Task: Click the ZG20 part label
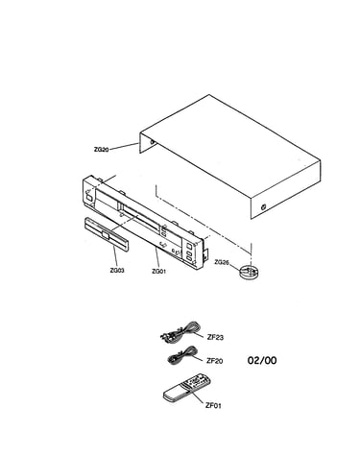(x=101, y=149)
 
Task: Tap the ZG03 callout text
(x=117, y=271)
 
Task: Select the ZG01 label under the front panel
(x=158, y=272)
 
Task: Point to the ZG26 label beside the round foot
(x=222, y=262)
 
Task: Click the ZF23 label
(x=215, y=337)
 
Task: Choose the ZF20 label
(x=214, y=361)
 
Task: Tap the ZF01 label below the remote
(x=213, y=406)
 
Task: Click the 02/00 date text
(x=262, y=361)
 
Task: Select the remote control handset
(x=187, y=388)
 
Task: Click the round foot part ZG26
(x=249, y=273)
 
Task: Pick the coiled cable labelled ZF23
(x=180, y=332)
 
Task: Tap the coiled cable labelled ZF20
(x=181, y=355)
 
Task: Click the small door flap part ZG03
(x=107, y=235)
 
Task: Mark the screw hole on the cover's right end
(x=263, y=206)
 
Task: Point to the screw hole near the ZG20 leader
(x=152, y=142)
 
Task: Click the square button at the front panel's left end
(x=89, y=198)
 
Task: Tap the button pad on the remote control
(x=197, y=381)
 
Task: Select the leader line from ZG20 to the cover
(x=124, y=146)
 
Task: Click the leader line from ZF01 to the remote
(x=199, y=397)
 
